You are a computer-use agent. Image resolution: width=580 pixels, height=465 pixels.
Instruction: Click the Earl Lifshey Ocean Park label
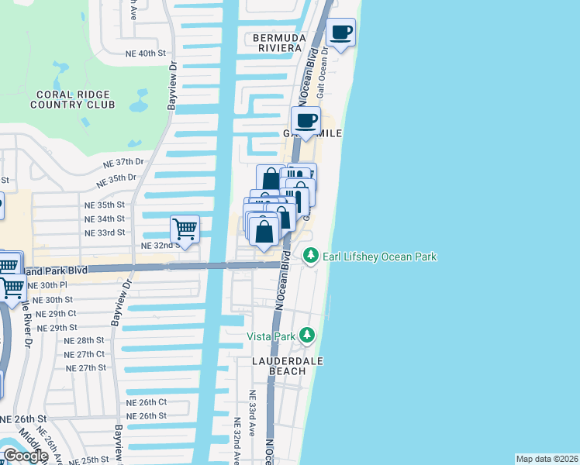point(380,257)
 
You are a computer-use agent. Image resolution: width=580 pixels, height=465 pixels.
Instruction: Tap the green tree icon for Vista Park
point(308,334)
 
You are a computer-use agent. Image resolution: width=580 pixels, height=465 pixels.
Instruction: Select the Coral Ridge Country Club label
point(73,100)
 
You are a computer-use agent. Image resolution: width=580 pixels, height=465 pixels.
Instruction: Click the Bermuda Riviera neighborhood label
point(276,43)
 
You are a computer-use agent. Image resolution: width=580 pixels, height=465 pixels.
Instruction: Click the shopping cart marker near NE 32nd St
point(185,229)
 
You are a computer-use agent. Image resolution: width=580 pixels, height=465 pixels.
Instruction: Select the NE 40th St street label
point(146,53)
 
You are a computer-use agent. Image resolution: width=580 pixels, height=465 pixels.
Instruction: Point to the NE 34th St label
point(104,219)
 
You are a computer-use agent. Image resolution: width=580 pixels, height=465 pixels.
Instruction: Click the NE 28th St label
point(84,340)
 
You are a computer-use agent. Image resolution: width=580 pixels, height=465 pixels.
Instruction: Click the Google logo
point(25,456)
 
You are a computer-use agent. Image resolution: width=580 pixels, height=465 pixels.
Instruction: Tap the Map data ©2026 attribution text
point(547,459)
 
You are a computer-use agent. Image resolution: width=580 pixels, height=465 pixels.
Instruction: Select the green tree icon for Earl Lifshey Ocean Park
point(310,255)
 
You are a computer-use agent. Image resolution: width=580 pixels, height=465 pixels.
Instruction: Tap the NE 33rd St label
point(105,232)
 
